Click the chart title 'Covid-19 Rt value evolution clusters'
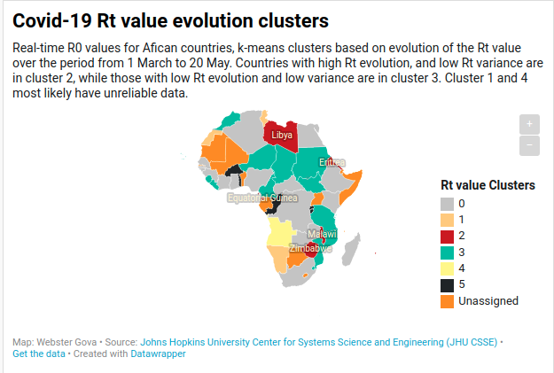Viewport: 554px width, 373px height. pos(170,19)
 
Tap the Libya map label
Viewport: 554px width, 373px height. pos(281,135)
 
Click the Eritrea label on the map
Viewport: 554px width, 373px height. pos(332,162)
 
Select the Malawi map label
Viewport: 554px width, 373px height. pos(322,233)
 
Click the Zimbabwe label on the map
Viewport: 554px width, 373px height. pos(310,248)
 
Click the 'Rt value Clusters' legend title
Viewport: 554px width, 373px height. pos(488,185)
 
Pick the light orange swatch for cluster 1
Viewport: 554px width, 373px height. pos(448,219)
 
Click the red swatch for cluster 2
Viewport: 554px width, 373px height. pos(448,236)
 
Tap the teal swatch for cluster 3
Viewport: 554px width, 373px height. pos(448,252)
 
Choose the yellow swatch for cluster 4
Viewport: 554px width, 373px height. pos(448,268)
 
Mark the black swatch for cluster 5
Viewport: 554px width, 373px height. pos(448,284)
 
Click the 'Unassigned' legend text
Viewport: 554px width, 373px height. pos(488,300)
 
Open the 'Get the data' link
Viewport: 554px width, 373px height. pos(39,354)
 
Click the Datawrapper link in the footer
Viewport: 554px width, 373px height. pos(160,354)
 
